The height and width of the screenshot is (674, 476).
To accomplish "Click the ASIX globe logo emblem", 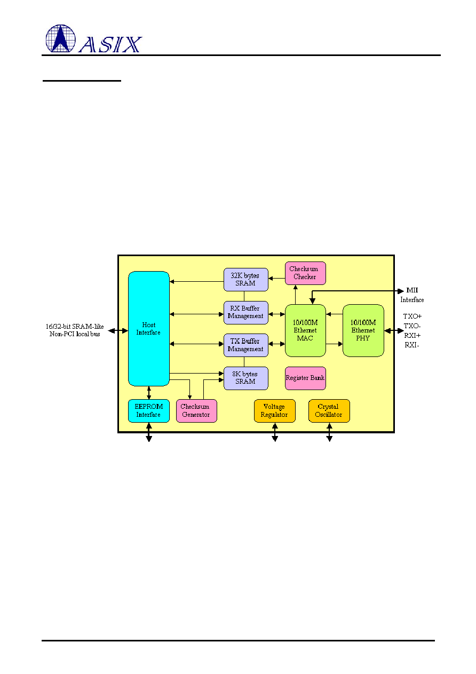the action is pos(60,38).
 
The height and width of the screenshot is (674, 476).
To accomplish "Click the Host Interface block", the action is pos(149,329).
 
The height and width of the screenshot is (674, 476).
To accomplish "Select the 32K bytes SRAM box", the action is pos(246,280).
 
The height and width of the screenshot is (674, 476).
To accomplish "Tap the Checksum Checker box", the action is pos(305,273).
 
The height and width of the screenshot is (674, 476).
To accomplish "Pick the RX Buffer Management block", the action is pos(246,313).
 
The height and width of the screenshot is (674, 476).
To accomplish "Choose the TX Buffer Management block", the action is pos(246,345).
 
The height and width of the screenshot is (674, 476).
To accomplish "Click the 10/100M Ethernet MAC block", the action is pos(305,330).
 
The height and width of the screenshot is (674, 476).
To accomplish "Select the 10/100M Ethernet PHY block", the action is pos(363,330).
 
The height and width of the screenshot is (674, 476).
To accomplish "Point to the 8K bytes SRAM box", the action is pos(246,378).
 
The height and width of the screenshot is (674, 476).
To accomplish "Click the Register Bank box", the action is pos(305,378).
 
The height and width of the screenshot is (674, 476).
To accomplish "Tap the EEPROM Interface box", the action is pos(149,411).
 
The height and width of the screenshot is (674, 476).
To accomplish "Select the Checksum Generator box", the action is pos(196,411).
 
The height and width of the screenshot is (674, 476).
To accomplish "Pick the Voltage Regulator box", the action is pos(274,411).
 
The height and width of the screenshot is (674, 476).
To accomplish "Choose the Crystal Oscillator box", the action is pos(329,411).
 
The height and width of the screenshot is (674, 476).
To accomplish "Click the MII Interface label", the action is pos(412,295).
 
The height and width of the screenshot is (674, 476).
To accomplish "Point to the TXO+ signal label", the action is pos(412,316).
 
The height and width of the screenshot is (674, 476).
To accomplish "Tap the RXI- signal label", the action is pos(411,345).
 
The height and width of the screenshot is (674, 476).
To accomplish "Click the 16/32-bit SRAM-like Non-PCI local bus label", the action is pos(75,330).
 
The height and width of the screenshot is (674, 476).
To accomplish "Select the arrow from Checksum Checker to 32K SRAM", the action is pos(276,279).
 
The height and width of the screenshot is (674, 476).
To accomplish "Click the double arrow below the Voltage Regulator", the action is pos(275,432).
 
